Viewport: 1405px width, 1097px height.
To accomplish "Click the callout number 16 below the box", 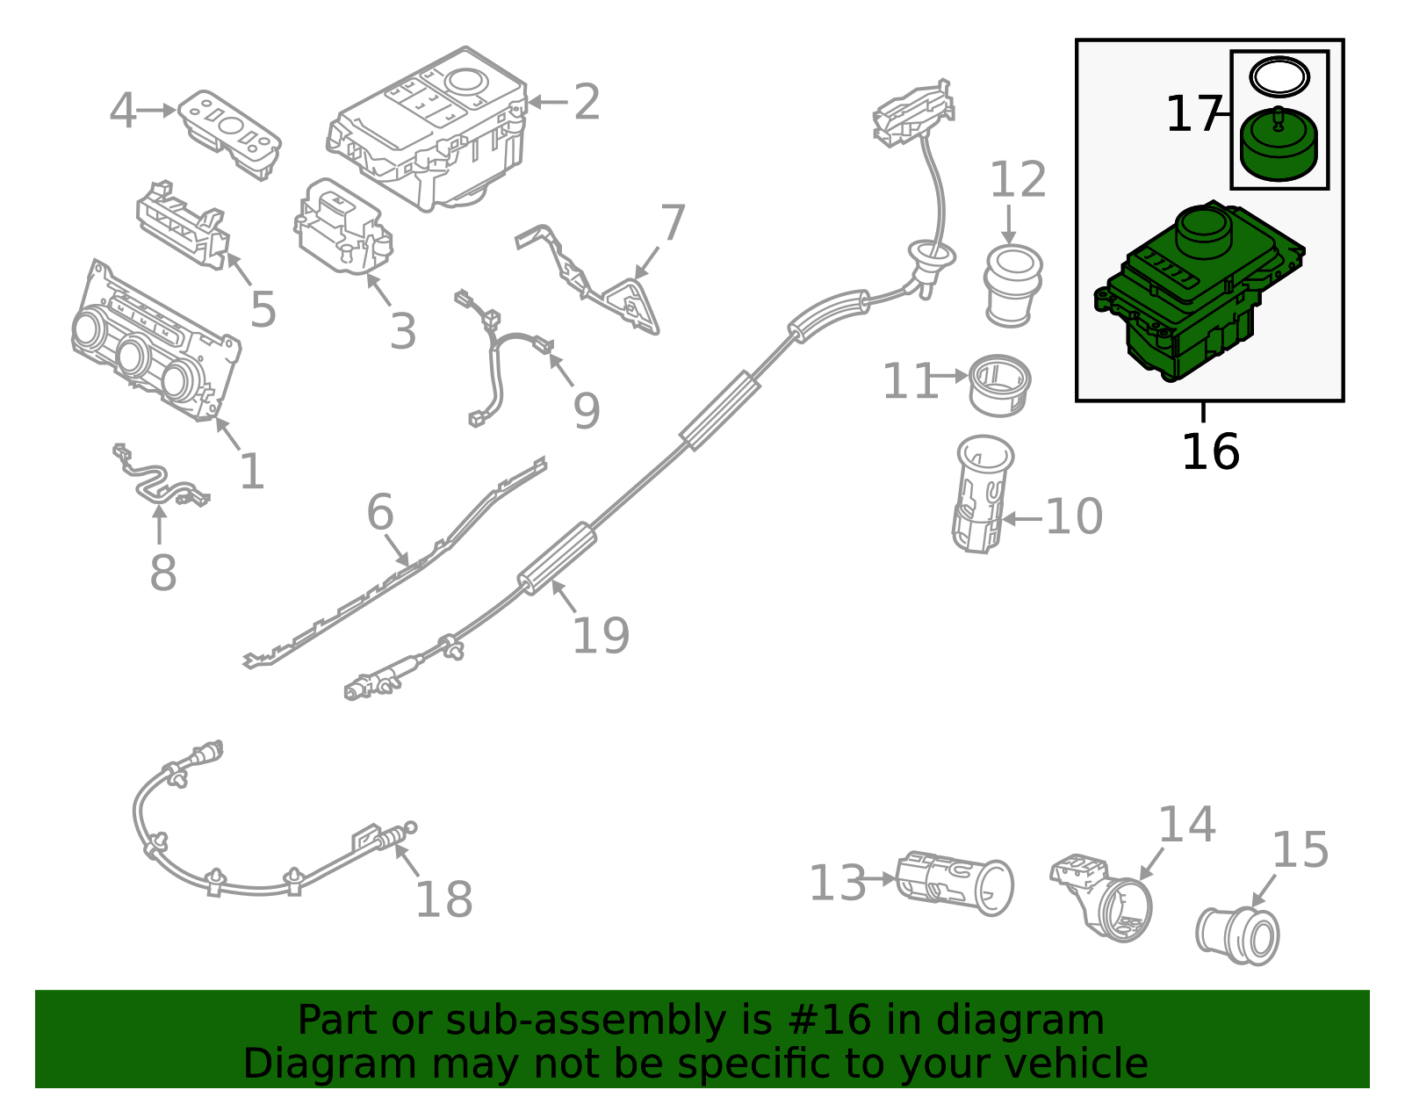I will click(1210, 452).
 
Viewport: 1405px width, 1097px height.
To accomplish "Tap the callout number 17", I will click(1192, 115).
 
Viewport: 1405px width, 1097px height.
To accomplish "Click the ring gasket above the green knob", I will click(1279, 77).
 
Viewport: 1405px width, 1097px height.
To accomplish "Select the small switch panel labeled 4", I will click(230, 134).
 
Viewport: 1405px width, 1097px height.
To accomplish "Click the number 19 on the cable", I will click(601, 636).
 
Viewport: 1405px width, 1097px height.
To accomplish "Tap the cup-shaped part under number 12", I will click(1012, 285).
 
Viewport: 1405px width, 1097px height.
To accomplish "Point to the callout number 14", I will click(1186, 825).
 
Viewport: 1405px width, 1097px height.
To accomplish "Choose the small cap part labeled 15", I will click(1238, 934).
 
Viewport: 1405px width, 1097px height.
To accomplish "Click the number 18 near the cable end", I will click(443, 900).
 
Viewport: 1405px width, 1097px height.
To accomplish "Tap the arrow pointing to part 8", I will click(159, 526).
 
